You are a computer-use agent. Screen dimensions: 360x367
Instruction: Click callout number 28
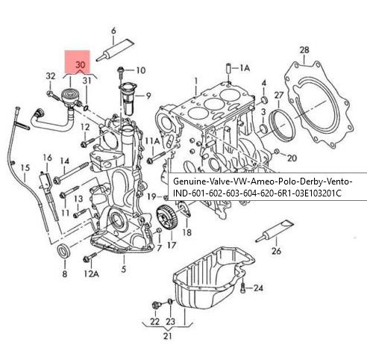304,50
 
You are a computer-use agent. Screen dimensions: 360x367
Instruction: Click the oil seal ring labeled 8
65,251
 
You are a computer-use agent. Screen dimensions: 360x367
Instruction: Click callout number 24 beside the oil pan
259,288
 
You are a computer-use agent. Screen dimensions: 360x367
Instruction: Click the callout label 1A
244,67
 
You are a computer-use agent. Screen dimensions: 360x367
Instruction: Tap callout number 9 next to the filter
148,95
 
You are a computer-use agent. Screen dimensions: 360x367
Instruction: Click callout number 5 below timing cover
123,269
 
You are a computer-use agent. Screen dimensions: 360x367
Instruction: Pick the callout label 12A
90,274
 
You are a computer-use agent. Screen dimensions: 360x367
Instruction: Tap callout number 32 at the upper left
51,76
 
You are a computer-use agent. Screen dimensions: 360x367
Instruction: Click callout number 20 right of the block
292,158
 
